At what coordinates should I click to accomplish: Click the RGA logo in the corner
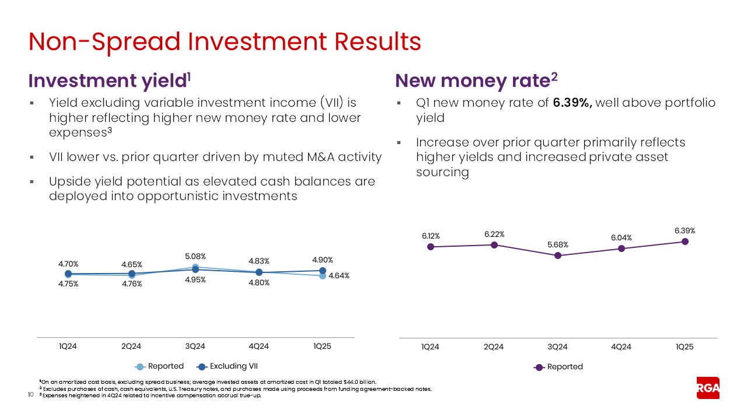pos(708,388)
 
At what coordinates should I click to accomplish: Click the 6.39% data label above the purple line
pos(685,230)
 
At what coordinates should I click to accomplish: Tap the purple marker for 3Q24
pos(557,256)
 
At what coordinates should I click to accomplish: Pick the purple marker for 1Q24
pos(430,247)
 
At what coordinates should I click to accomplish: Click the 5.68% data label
pos(557,244)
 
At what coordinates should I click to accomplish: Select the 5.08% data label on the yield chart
pos(195,256)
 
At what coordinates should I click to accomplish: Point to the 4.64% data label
pos(339,276)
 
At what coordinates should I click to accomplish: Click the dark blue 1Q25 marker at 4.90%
pos(322,271)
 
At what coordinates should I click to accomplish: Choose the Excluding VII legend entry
pos(233,366)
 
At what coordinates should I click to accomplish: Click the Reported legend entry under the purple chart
pos(564,367)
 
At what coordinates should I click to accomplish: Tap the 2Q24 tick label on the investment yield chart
pos(131,346)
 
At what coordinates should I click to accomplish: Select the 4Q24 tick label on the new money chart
pos(621,346)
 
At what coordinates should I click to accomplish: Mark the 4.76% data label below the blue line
pos(131,284)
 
